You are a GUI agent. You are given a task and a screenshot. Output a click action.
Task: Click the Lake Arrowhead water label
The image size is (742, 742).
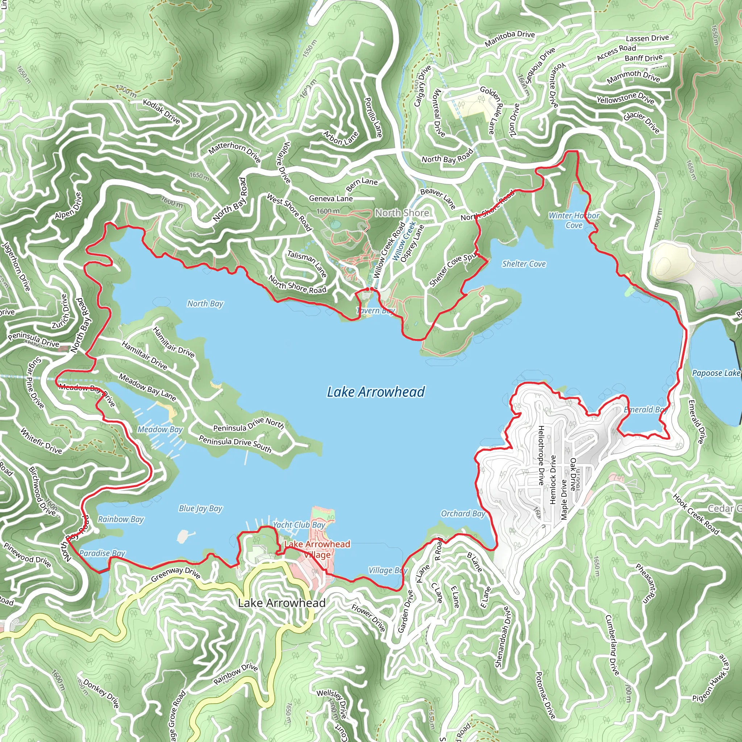pos(376,392)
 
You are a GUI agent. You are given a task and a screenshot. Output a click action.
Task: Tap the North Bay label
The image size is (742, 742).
pos(205,304)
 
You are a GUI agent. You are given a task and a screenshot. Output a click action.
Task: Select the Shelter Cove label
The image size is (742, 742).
pos(524,264)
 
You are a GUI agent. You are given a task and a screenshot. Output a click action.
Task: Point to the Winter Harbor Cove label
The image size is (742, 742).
pos(574,220)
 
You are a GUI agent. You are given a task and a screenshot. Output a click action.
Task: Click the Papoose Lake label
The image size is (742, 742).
pos(716,373)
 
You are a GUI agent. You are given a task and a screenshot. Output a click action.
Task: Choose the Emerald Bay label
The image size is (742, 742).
pos(645,409)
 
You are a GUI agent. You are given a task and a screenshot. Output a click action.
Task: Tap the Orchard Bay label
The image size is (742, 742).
pos(463,513)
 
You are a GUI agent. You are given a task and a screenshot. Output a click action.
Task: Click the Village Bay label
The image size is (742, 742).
pos(388,570)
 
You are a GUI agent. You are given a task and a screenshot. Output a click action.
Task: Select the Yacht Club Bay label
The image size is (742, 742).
pos(299,525)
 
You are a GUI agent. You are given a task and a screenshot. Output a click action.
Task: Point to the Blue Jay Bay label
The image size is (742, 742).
pos(200,508)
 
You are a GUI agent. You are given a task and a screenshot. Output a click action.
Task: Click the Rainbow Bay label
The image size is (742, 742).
pos(121,519)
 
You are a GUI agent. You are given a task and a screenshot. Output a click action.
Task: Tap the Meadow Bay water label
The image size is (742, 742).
pos(160,429)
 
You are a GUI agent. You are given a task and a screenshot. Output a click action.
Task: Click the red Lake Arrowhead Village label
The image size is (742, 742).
pos(317,549)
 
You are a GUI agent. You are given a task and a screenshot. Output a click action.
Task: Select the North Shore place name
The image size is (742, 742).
pos(402,213)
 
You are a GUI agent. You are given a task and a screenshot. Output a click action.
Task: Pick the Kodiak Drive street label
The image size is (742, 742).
pos(161,111)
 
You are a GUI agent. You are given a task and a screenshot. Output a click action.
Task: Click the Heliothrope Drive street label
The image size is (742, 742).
pos(541,455)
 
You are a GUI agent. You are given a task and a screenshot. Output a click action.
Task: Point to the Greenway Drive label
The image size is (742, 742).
pos(175,574)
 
